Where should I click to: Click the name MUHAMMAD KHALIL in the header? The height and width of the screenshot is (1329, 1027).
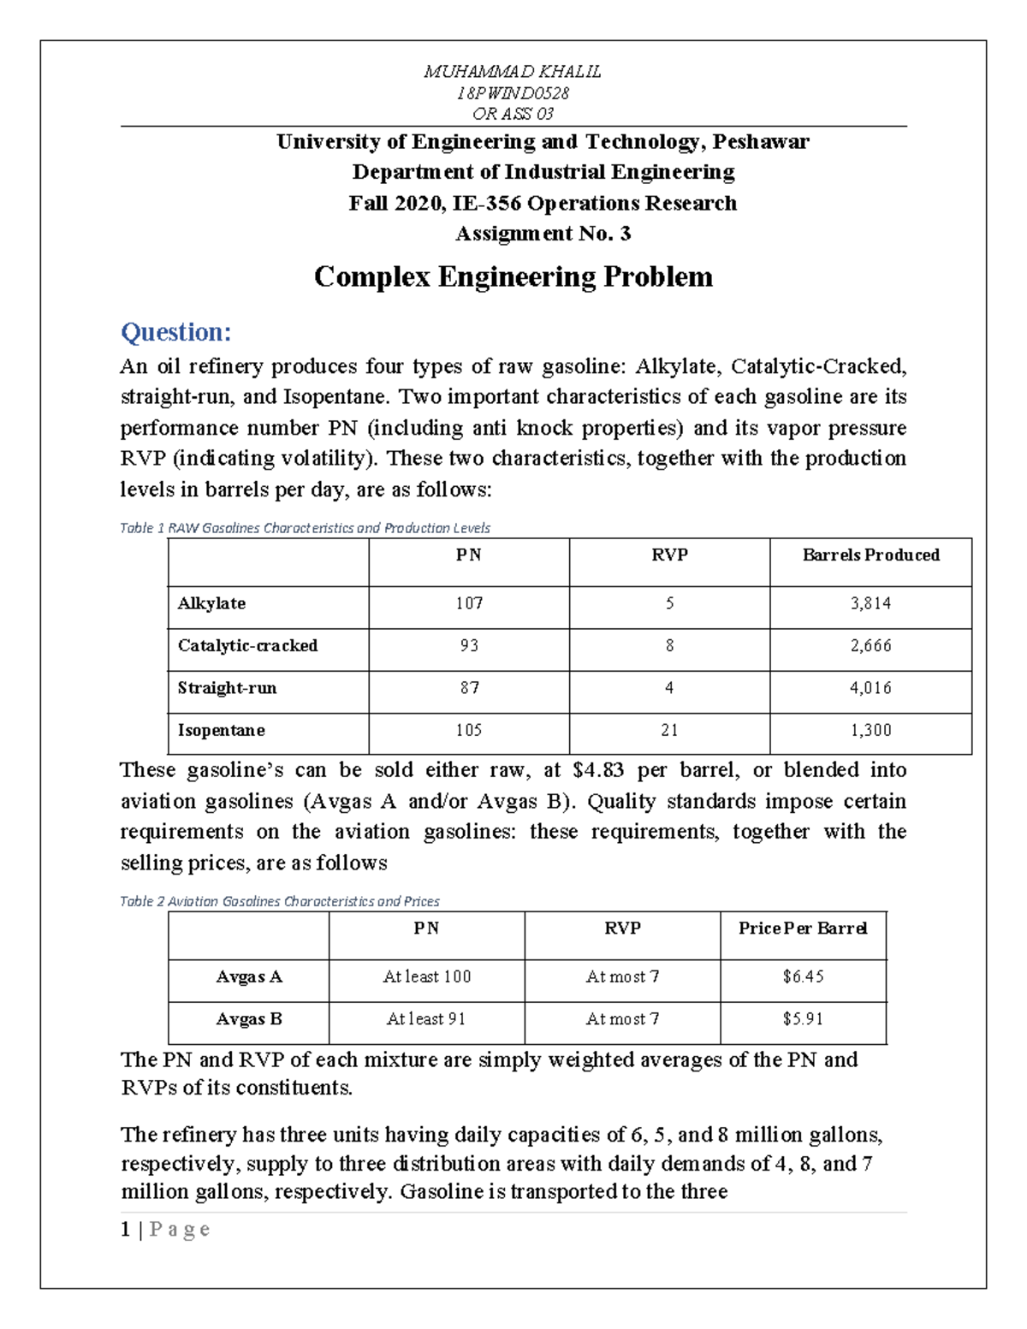pos(513,72)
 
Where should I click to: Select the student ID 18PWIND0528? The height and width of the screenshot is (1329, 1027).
pos(513,92)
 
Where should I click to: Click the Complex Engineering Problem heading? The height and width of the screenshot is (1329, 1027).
pos(513,276)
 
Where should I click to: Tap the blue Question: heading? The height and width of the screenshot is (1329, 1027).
pos(175,332)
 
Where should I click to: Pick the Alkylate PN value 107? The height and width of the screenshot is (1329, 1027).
pos(469,603)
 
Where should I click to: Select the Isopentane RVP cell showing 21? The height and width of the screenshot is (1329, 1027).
pos(669,730)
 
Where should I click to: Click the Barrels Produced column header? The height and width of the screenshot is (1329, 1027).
pos(870,555)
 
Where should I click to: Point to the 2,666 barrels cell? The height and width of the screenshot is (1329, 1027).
pos(870,646)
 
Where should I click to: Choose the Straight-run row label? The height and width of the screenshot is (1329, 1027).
pos(227,688)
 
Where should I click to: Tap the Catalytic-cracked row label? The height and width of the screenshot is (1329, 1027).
pos(247,646)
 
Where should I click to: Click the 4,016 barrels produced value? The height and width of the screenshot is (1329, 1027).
pos(870,688)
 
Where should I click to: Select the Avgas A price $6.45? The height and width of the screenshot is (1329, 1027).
pos(803,976)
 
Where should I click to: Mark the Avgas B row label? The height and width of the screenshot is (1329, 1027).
pos(248,1019)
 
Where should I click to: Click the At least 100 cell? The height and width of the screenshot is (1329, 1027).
pos(426,976)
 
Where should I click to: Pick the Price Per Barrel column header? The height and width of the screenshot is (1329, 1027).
pos(803,929)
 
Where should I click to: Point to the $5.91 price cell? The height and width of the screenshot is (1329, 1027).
pos(803,1019)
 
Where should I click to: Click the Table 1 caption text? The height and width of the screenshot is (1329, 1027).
pos(305,528)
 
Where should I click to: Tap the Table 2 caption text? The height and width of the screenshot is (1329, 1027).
pos(279,901)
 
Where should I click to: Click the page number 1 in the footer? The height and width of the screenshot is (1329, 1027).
pos(126,1230)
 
